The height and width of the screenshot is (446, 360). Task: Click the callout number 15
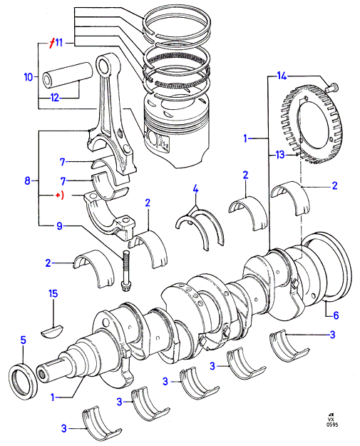pyautogui.click(x=53, y=293)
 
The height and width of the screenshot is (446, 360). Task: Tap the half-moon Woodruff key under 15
pyautogui.click(x=52, y=330)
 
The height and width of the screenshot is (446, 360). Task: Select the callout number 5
pyautogui.click(x=24, y=340)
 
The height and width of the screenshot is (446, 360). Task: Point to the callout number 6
pyautogui.click(x=336, y=315)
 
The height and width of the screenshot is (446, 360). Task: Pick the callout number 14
pyautogui.click(x=282, y=76)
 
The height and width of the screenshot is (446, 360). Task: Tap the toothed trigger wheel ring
pyautogui.click(x=312, y=125)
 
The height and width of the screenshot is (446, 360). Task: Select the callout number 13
pyautogui.click(x=280, y=155)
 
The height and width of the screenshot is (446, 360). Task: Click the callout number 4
pyautogui.click(x=195, y=188)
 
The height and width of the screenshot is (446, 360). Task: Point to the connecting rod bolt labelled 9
pyautogui.click(x=125, y=270)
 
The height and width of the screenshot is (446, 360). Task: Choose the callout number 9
pyautogui.click(x=59, y=226)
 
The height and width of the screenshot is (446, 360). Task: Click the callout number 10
pyautogui.click(x=29, y=77)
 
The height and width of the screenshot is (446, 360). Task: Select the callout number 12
pyautogui.click(x=55, y=98)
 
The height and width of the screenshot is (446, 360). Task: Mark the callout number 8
pyautogui.click(x=27, y=181)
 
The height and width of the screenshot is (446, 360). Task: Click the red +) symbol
pyautogui.click(x=59, y=196)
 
